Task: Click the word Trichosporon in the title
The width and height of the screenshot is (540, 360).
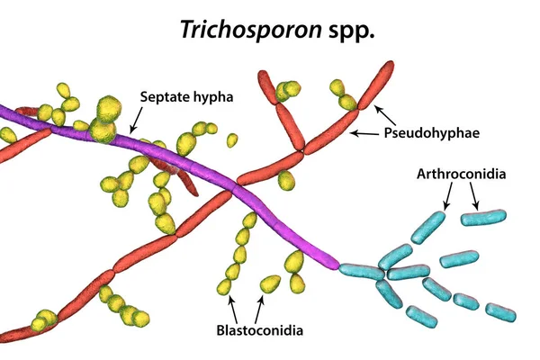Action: [x=237, y=30]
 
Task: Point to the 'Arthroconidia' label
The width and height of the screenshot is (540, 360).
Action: [x=458, y=175]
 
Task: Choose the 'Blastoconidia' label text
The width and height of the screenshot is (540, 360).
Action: [x=260, y=330]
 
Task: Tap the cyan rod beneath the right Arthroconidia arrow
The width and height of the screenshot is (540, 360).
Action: [x=484, y=219]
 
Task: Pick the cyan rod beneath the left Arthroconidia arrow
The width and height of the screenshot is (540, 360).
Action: [x=430, y=227]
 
